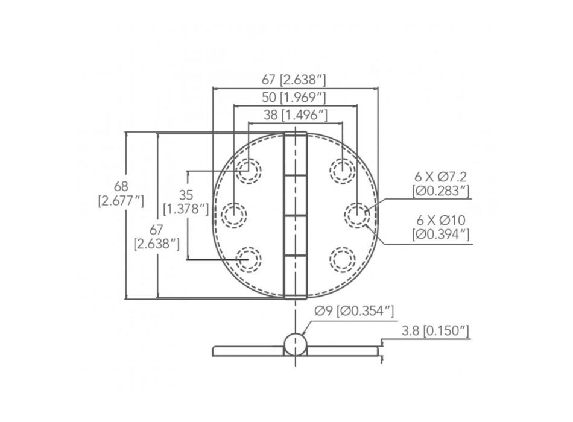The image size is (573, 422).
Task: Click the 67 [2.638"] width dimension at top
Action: [x=295, y=80]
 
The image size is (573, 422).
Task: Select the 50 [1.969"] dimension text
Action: [x=295, y=97]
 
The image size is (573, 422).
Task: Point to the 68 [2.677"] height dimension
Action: [x=121, y=194]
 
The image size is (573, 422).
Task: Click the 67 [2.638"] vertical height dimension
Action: [x=157, y=236]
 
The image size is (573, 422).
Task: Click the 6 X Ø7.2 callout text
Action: [x=441, y=184]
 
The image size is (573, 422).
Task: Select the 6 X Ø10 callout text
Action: [x=441, y=227]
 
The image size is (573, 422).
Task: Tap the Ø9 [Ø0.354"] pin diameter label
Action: [x=355, y=311]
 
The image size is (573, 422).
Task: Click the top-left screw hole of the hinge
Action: [x=248, y=170]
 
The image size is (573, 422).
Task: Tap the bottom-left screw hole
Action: [x=248, y=259]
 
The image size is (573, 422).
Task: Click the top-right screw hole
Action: [x=342, y=170]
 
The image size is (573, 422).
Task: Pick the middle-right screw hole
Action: [x=357, y=215]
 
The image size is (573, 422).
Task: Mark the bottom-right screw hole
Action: [x=342, y=259]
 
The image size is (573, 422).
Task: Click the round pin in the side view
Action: [x=295, y=344]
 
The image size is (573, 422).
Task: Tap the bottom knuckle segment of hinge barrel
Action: [x=295, y=276]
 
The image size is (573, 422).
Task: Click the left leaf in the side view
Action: [x=247, y=350]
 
